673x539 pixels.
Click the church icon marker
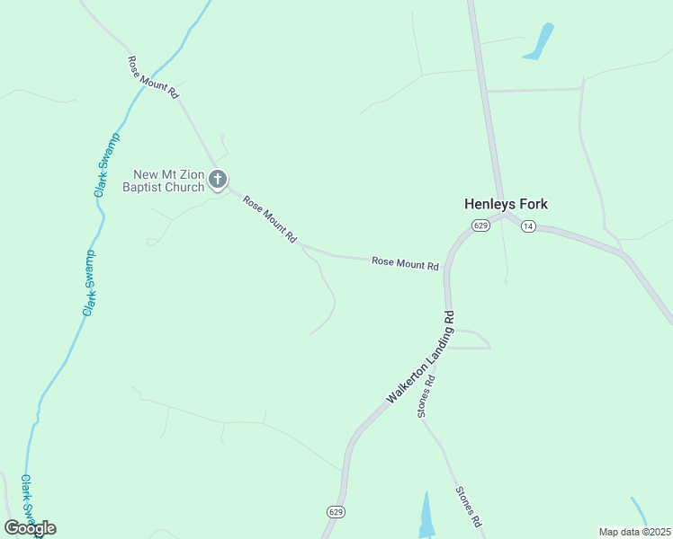[218, 180]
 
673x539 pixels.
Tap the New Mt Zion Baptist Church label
[169, 181]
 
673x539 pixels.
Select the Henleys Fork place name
[506, 204]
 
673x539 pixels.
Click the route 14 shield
[528, 226]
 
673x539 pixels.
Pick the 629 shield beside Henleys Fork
[480, 225]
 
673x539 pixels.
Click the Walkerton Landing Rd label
[421, 358]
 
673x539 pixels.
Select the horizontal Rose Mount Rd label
[405, 264]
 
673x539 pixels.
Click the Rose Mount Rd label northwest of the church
[154, 78]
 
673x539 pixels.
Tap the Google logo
[30, 528]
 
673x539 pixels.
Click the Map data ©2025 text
[634, 532]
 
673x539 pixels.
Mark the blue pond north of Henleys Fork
[539, 42]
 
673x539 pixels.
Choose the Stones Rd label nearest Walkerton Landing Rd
[426, 396]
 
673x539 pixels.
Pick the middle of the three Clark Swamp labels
[90, 284]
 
